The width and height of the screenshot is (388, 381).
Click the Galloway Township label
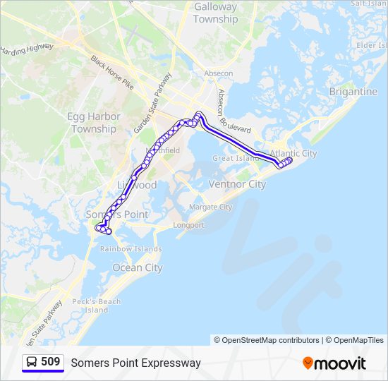[215, 13]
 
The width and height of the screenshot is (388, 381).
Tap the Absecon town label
[218, 73]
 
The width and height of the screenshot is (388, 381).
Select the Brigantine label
[353, 92]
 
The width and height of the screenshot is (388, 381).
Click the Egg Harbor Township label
[95, 123]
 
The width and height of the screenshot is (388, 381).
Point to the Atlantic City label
[293, 153]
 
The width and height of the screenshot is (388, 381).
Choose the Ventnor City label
[237, 184]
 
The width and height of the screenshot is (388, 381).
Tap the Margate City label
[210, 207]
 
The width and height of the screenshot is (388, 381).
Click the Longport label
[188, 226]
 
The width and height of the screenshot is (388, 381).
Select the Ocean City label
[138, 268]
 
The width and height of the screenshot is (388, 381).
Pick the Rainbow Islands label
[131, 249]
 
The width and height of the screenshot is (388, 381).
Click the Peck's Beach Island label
[97, 306]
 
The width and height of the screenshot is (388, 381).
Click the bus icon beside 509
[32, 362]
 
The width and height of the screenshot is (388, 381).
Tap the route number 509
[50, 362]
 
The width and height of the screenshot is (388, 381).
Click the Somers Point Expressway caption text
[135, 363]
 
